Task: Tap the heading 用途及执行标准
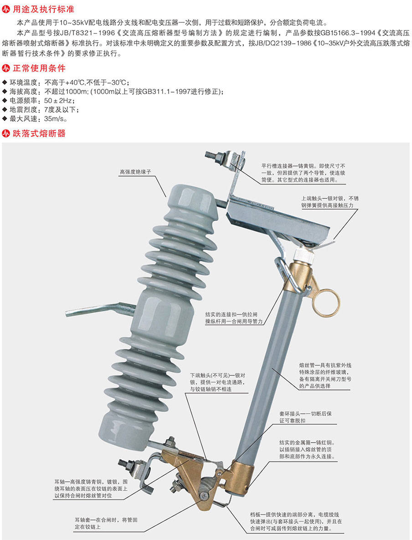coord(43,9)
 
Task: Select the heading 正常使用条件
coord(39,68)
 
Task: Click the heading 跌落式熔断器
coord(39,133)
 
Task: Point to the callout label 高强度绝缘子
coord(135,171)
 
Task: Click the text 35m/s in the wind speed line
coord(54,119)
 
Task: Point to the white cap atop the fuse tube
coord(303,255)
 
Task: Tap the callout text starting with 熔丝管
coord(325,375)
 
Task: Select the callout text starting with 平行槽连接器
coord(303,173)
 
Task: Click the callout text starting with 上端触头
coord(330,202)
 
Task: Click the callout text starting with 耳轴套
coord(106,524)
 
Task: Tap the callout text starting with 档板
coord(296,521)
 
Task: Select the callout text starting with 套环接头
coord(305,417)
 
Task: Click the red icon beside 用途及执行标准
coord(6,9)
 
